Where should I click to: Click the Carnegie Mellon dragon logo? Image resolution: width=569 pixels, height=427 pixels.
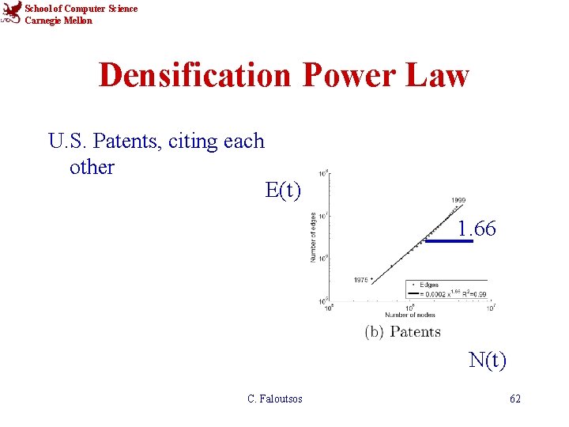tap(12, 13)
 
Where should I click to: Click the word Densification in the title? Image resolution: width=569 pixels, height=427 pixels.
tap(195, 76)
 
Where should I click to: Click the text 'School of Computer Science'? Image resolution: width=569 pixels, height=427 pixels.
tap(81, 9)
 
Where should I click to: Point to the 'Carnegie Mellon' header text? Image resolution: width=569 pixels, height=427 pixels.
tap(58, 21)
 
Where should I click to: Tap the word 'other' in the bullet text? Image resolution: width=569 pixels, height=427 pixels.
tap(92, 168)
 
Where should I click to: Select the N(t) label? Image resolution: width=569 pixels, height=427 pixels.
tap(488, 361)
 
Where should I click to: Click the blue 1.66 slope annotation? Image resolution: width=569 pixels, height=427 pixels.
tap(477, 229)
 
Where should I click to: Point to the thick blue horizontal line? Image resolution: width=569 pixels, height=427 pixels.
tap(449, 241)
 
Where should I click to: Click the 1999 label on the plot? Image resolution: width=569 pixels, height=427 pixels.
tap(458, 201)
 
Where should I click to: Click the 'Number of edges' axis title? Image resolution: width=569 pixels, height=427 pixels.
tap(314, 236)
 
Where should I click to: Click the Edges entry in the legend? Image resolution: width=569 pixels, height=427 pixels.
tap(428, 285)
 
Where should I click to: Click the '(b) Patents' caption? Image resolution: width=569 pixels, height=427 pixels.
tap(402, 332)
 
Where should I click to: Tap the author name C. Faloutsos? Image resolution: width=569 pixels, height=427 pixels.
tap(275, 399)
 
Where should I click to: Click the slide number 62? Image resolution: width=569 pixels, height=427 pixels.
tap(515, 399)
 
